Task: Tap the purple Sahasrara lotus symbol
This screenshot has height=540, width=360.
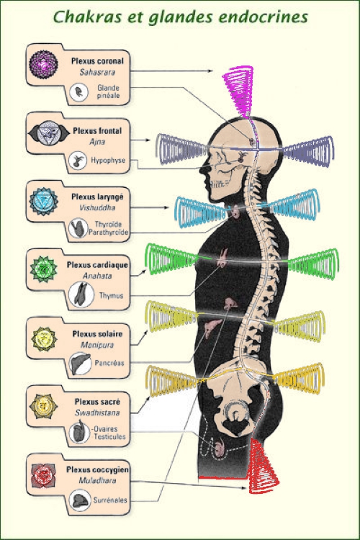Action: click(x=43, y=64)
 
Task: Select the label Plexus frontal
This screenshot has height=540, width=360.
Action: click(x=97, y=131)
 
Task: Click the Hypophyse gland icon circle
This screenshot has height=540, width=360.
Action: click(x=78, y=161)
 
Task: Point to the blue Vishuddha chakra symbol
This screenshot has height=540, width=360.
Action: click(x=43, y=202)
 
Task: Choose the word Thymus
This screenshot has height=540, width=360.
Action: click(x=112, y=295)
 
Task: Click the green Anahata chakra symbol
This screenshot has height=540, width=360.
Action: click(x=43, y=269)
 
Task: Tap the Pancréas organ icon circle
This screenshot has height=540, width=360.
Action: click(x=80, y=364)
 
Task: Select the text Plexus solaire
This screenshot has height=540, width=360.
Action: click(x=97, y=333)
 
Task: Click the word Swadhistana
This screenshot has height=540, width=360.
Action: click(x=97, y=413)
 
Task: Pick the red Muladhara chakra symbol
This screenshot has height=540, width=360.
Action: click(x=43, y=475)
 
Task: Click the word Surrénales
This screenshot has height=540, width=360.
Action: click(x=110, y=500)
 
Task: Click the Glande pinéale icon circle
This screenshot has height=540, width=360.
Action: click(x=79, y=92)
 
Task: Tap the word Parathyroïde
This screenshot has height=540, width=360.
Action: click(x=108, y=232)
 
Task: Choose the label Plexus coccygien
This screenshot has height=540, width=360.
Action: click(x=97, y=469)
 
